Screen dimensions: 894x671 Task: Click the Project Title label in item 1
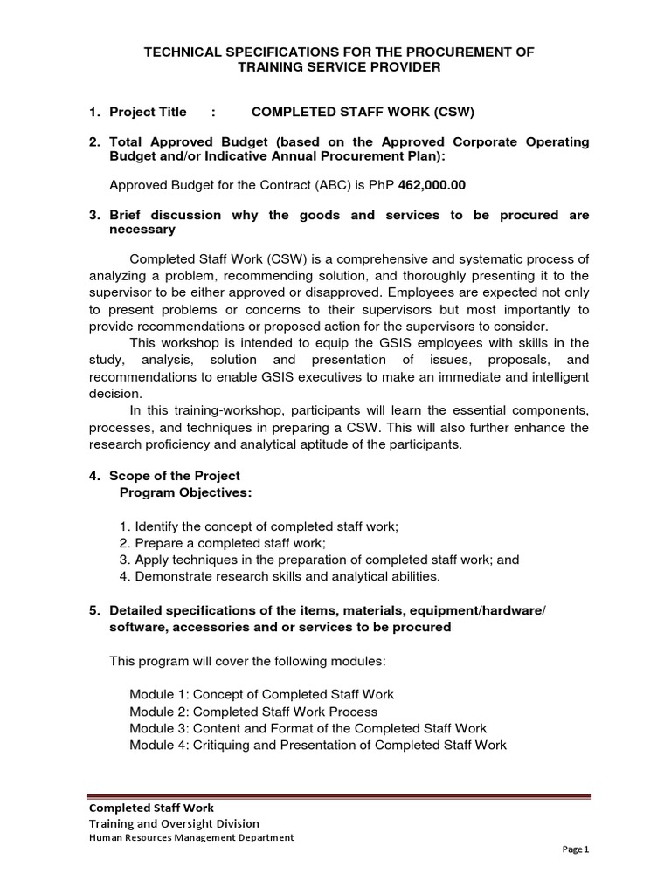(x=148, y=112)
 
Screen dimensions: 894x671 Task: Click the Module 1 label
(x=157, y=694)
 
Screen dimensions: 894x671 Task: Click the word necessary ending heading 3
(x=142, y=230)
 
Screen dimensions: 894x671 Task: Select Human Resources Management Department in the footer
(x=191, y=837)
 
